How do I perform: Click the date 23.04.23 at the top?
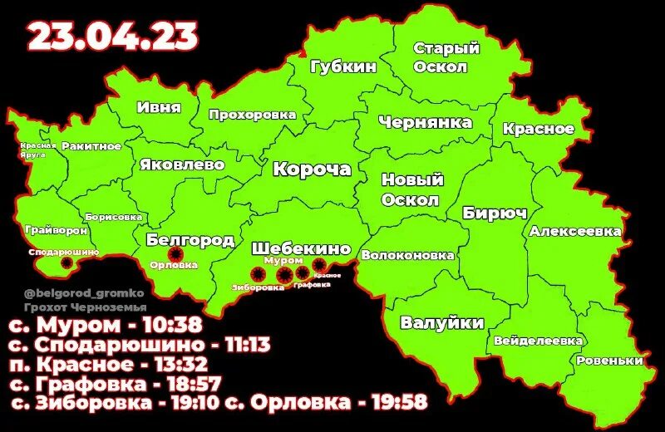tap(113, 36)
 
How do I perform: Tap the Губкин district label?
tap(343, 66)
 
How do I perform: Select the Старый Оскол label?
tap(446, 58)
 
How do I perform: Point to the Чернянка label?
tap(425, 123)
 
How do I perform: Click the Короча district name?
tap(313, 169)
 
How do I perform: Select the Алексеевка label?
tap(575, 230)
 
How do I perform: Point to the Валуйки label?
tap(442, 322)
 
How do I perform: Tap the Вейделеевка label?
tap(538, 341)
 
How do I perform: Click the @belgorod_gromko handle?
tap(72, 292)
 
